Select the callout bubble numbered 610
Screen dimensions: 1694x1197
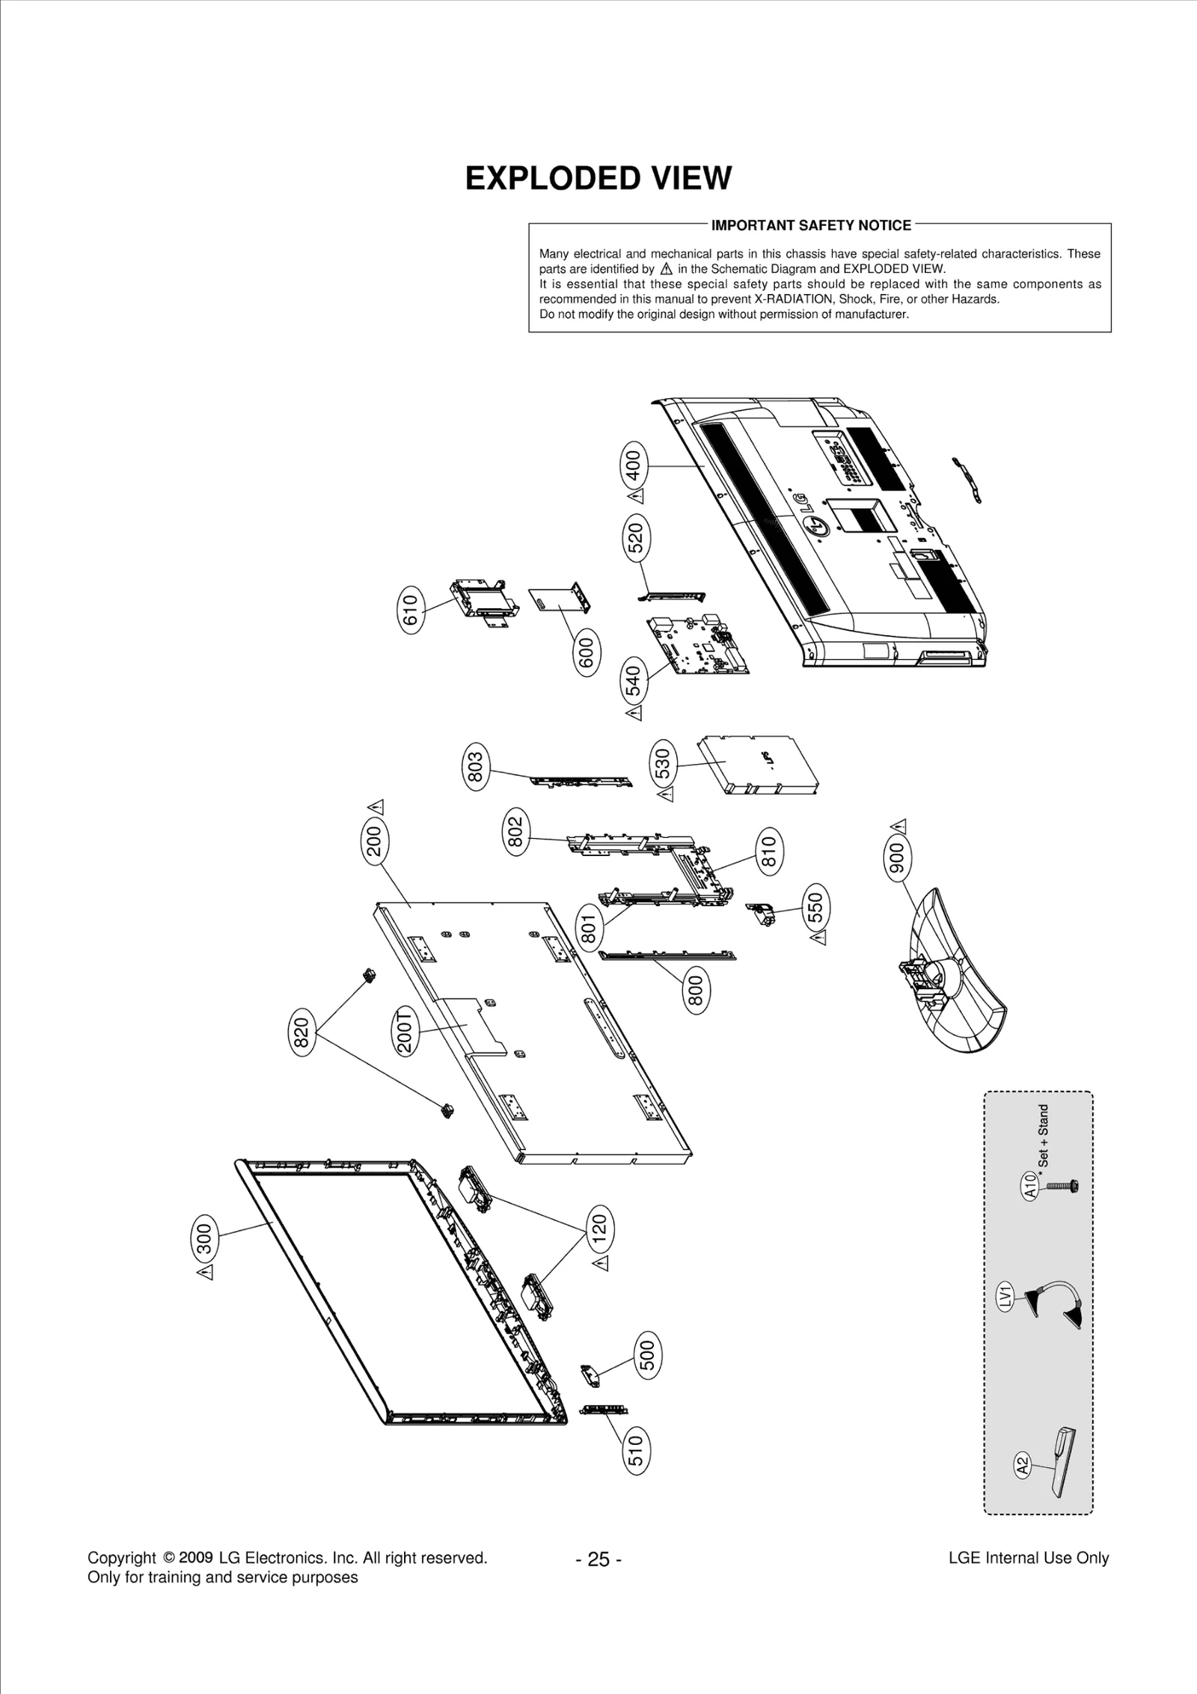pos(408,611)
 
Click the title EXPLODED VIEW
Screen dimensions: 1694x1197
pos(598,179)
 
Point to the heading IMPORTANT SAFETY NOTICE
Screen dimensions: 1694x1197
pos(811,225)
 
